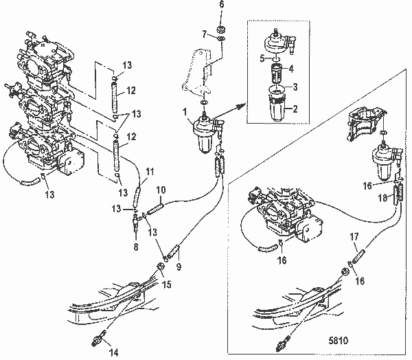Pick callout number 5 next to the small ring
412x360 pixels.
point(262,59)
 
